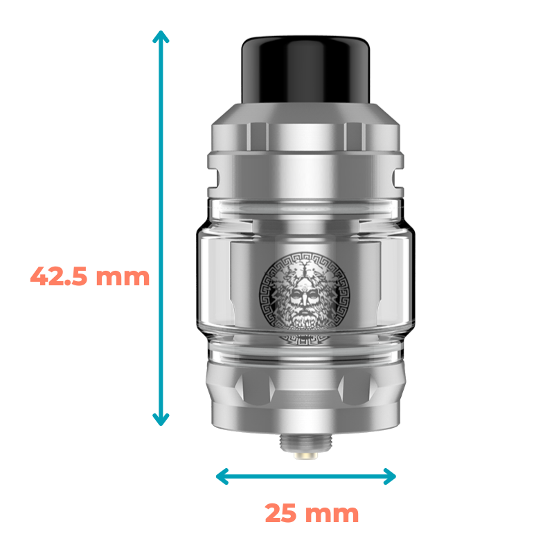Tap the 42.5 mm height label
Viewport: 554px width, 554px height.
[90, 276]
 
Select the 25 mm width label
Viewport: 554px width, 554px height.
[312, 513]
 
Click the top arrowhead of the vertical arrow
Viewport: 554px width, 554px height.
[161, 37]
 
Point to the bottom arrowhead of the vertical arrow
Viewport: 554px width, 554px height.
[161, 420]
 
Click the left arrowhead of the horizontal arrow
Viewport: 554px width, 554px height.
[222, 476]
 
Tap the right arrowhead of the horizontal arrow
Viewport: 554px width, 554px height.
[390, 476]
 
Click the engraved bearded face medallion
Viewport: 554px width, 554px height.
[304, 292]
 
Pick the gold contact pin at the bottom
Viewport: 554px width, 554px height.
[305, 456]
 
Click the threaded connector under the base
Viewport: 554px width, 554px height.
[305, 443]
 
